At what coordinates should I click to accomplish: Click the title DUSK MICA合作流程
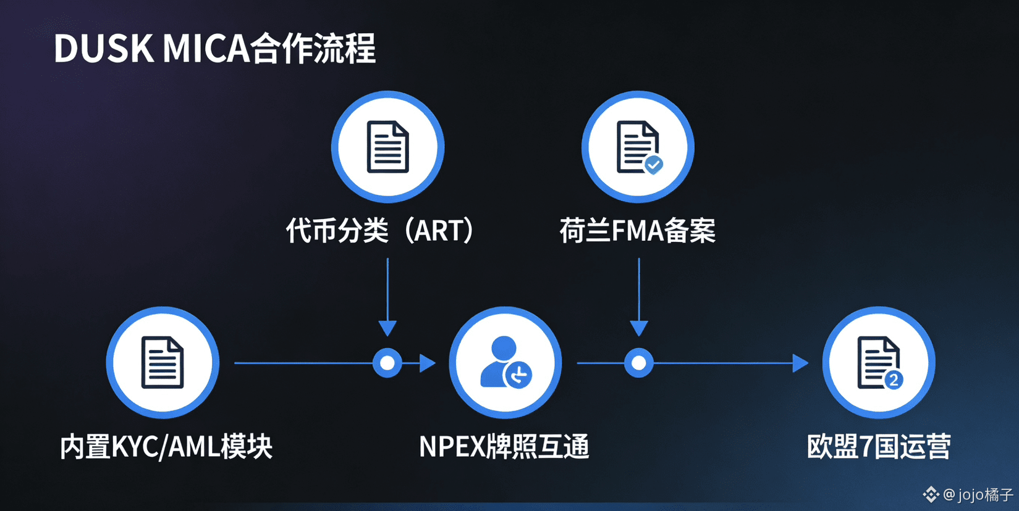click(x=214, y=48)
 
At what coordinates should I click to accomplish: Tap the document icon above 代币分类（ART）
click(x=387, y=147)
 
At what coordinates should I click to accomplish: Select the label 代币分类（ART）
click(x=379, y=231)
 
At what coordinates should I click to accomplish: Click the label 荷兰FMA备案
click(x=637, y=231)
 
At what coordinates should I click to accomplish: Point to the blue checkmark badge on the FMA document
click(x=653, y=164)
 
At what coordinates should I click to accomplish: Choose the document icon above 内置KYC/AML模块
click(x=163, y=362)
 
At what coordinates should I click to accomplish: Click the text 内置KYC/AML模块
click(x=166, y=446)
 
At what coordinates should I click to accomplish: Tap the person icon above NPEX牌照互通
click(x=505, y=362)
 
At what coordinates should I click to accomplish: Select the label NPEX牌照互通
click(x=504, y=446)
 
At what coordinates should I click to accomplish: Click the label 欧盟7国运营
click(x=878, y=446)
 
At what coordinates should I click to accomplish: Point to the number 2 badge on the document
click(x=894, y=380)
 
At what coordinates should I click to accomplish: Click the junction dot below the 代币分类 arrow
click(x=387, y=363)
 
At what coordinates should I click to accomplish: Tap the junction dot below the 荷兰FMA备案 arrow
click(x=638, y=363)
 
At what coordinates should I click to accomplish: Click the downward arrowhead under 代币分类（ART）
click(x=387, y=328)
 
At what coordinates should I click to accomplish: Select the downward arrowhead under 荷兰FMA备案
click(x=638, y=328)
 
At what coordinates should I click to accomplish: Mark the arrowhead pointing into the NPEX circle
click(x=427, y=363)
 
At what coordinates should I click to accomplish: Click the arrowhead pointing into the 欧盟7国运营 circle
click(x=800, y=363)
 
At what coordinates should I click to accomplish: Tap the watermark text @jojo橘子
click(x=978, y=494)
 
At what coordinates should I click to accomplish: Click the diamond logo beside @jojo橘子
click(x=931, y=494)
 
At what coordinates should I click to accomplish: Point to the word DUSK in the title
click(x=104, y=48)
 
